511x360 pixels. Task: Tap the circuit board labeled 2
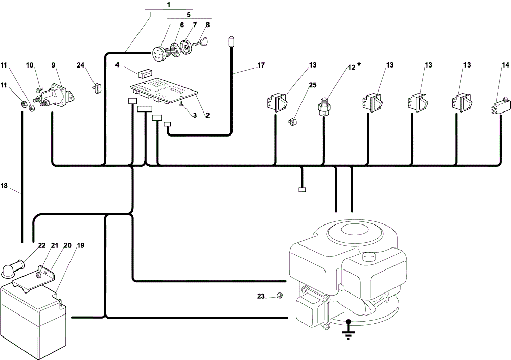click(164, 92)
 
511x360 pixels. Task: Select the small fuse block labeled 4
click(145, 73)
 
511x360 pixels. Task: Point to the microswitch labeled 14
click(499, 105)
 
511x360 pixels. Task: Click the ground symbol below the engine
click(349, 330)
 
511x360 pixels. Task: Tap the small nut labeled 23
click(280, 295)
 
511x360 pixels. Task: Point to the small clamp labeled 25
click(292, 122)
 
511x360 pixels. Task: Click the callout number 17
click(261, 65)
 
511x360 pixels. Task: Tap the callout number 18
click(4, 186)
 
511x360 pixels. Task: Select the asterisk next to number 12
click(359, 65)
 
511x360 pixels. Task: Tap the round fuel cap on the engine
click(371, 257)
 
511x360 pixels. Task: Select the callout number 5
click(189, 15)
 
